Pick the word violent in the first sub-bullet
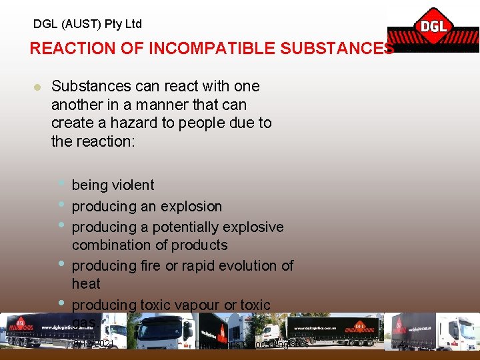coord(133,185)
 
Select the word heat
coord(86,284)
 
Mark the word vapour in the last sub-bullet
coord(195,305)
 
